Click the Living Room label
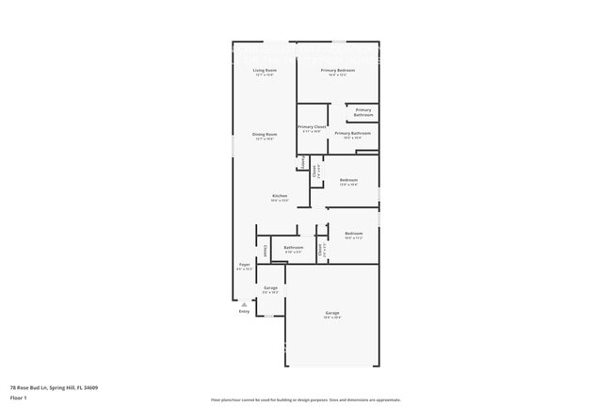pyautogui.click(x=265, y=71)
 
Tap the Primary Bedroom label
pyautogui.click(x=337, y=71)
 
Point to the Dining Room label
pyautogui.click(x=265, y=135)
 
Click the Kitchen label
pyautogui.click(x=280, y=196)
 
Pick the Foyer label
pyautogui.click(x=244, y=265)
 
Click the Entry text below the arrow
pyautogui.click(x=244, y=311)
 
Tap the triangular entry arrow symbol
pyautogui.click(x=244, y=303)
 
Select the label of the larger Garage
pyautogui.click(x=332, y=313)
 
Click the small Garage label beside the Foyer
pyautogui.click(x=270, y=287)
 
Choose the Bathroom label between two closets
pyautogui.click(x=293, y=248)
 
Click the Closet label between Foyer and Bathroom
pyautogui.click(x=266, y=250)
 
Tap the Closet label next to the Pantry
pyautogui.click(x=314, y=171)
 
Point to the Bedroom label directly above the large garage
pyautogui.click(x=353, y=234)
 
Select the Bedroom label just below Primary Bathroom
pyautogui.click(x=348, y=180)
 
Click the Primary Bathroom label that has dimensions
pyautogui.click(x=352, y=134)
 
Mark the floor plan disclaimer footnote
pyautogui.click(x=305, y=400)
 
